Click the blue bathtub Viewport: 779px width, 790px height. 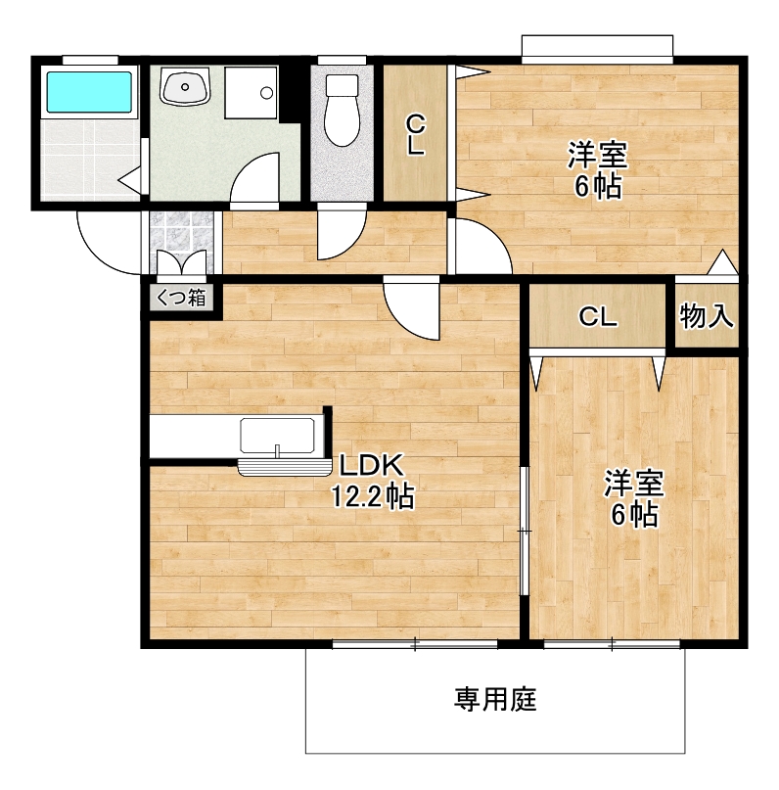[x=89, y=92]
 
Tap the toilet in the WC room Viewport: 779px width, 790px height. [x=342, y=110]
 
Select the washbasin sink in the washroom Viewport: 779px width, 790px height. [x=185, y=87]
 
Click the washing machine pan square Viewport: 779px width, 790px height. [x=251, y=93]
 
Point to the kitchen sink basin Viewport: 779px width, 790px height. [x=277, y=436]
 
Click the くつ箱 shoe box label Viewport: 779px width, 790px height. [x=182, y=298]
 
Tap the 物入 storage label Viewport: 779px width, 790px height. [x=707, y=316]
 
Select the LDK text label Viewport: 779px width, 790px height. [x=372, y=465]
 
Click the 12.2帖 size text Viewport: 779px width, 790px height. [x=372, y=496]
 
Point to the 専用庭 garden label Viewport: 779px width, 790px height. [x=495, y=699]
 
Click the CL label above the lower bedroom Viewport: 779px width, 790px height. [x=598, y=317]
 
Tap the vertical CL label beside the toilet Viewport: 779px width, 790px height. [x=415, y=134]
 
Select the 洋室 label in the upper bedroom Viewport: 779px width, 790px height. [x=598, y=155]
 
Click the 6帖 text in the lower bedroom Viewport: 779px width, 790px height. [x=634, y=514]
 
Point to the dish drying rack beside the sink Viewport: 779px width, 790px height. [x=284, y=468]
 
